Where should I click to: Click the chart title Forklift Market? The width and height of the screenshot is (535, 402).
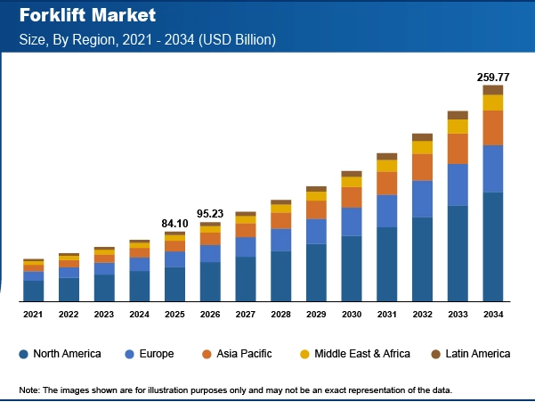[87, 16]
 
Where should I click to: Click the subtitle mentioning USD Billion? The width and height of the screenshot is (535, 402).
[148, 39]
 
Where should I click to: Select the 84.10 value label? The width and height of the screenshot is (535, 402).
[174, 223]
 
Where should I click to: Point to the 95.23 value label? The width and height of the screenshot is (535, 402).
[210, 214]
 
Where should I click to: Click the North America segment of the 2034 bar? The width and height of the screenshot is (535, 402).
[492, 246]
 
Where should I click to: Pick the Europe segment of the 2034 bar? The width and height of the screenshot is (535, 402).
[492, 168]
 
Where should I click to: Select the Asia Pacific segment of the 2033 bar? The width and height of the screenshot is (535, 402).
[458, 148]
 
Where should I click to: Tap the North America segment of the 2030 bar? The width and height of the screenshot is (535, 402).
[352, 267]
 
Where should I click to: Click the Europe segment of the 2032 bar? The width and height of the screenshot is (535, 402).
[422, 199]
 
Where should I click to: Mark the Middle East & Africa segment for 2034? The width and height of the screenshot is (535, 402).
[492, 103]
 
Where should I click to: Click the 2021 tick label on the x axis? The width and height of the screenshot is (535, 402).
[33, 315]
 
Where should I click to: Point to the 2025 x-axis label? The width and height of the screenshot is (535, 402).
[174, 315]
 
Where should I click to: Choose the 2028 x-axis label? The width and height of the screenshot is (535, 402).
[280, 315]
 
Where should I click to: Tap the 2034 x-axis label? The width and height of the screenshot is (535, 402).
[492, 315]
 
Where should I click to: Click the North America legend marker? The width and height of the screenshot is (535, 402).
[24, 355]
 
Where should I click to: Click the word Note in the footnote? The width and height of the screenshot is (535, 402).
[30, 390]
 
